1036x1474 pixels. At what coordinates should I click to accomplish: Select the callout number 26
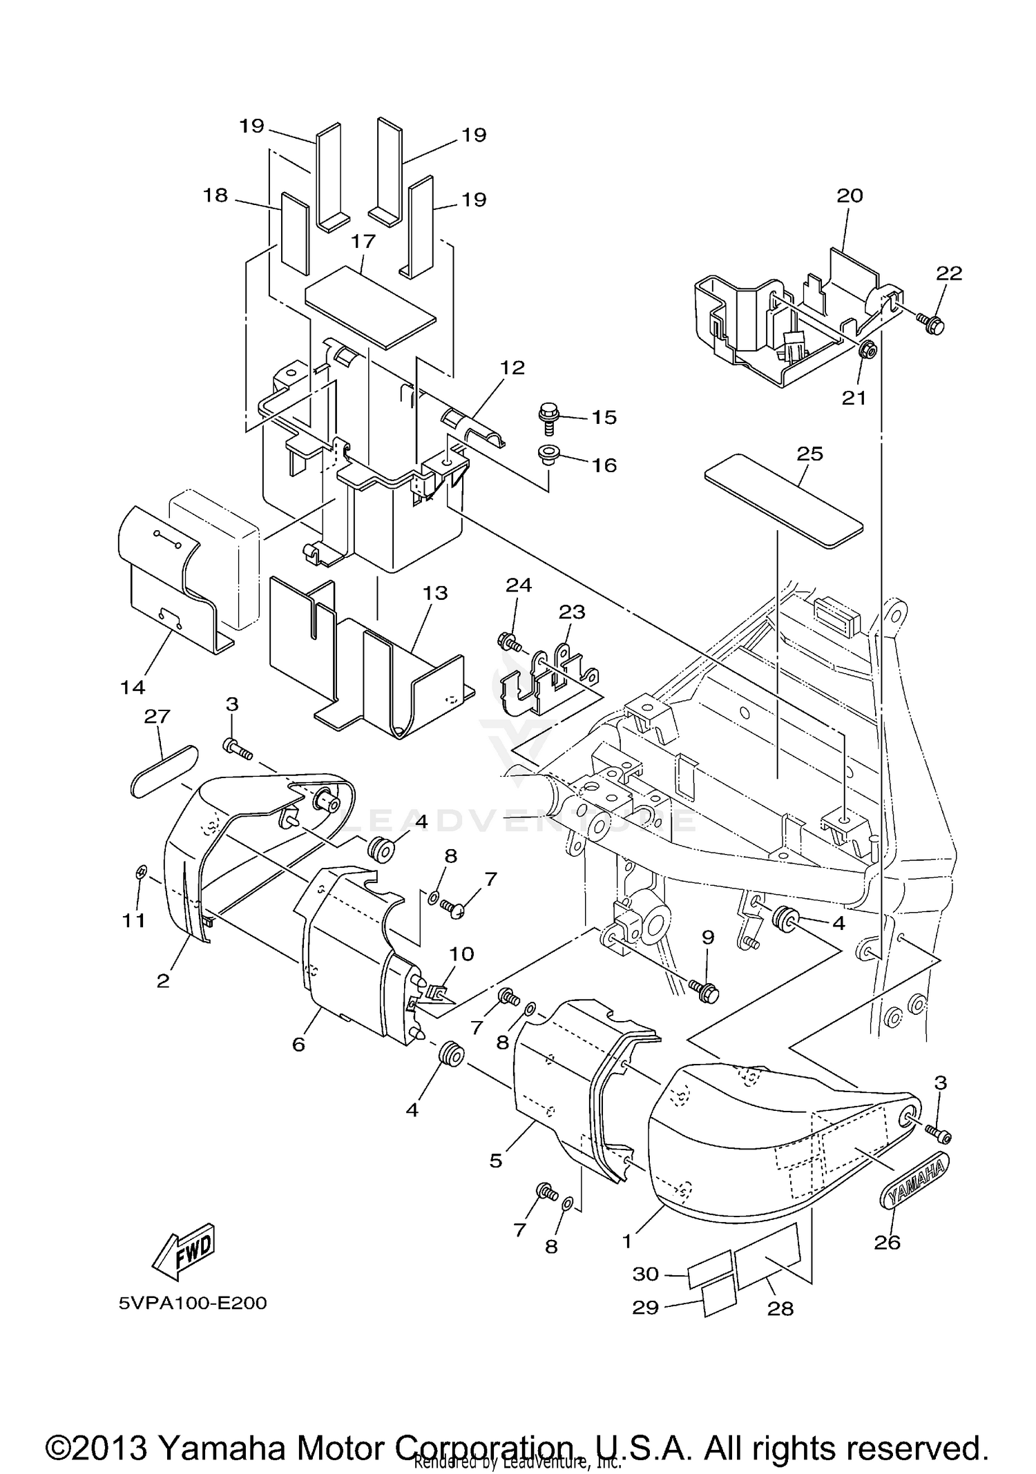point(888,1242)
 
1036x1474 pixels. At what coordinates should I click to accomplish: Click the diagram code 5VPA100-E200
point(193,1303)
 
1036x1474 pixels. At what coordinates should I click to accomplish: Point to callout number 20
point(850,195)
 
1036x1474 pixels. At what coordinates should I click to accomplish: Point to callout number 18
point(215,195)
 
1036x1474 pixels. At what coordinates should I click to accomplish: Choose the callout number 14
point(133,686)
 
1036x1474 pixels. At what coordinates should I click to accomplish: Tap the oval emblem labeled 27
point(164,770)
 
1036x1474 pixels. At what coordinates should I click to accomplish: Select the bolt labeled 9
point(704,993)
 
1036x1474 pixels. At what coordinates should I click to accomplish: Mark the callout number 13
point(436,593)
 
